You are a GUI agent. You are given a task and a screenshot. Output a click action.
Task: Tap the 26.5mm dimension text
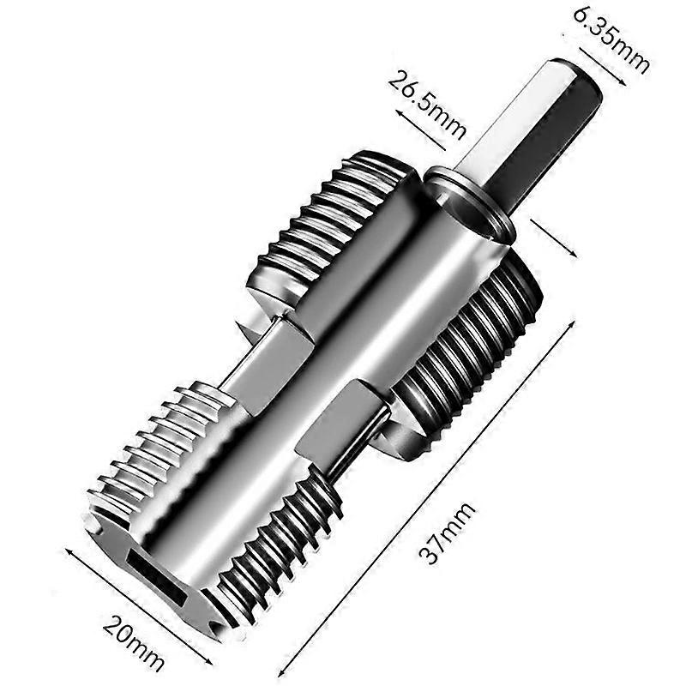pos(425,105)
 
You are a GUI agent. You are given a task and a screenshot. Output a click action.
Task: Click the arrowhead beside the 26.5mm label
pos(400,115)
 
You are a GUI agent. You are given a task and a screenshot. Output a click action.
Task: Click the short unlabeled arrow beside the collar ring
pos(554,238)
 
